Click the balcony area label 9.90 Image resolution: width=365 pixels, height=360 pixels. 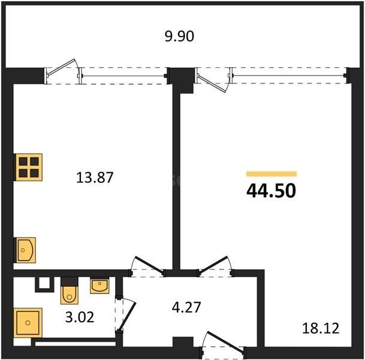coord(180,37)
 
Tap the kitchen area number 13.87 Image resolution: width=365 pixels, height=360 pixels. coord(95,178)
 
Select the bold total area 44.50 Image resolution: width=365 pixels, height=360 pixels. coord(271,190)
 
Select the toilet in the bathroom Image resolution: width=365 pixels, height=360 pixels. coord(70,293)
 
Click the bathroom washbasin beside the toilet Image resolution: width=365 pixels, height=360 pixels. coord(99,286)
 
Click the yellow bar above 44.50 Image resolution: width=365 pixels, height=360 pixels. coord(271,174)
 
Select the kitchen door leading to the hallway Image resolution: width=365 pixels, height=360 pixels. coord(146,267)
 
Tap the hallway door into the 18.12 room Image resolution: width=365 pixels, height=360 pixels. coord(215,267)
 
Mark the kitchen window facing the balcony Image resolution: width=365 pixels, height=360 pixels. coord(123,76)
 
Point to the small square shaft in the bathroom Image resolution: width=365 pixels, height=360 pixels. coord(44,284)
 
